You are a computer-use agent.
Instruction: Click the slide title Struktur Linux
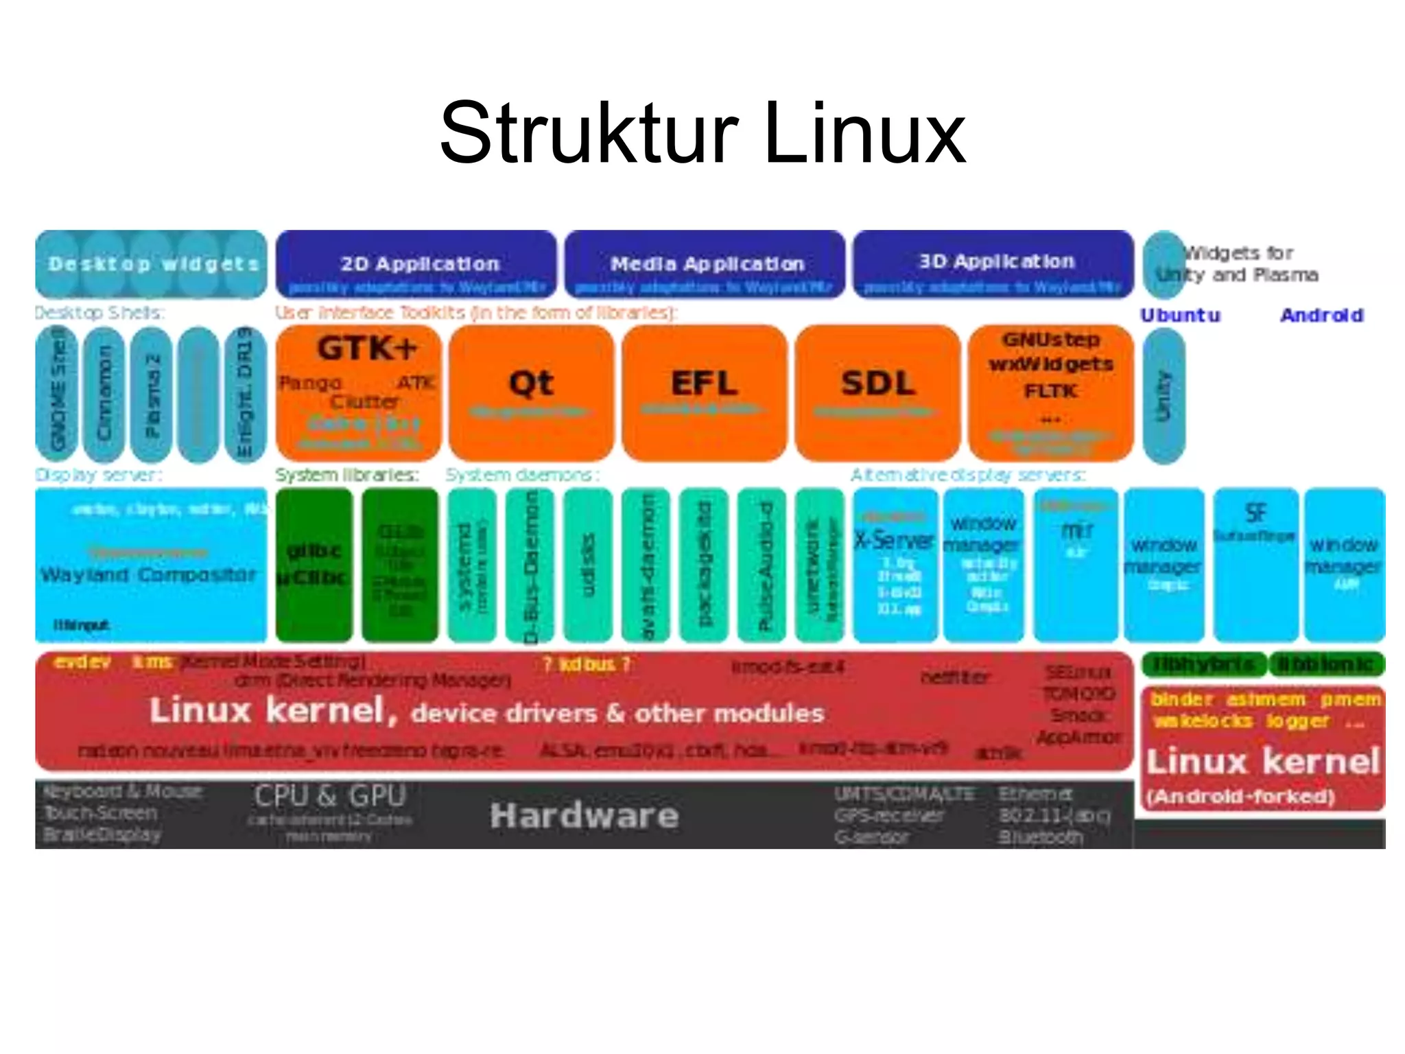702,133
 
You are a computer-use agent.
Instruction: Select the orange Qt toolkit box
531,393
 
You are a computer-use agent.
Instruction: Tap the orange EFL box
704,393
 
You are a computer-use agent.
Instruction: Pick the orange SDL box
877,393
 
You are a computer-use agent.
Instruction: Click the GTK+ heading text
366,348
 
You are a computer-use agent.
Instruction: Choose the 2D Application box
416,264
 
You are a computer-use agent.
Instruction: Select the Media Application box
705,264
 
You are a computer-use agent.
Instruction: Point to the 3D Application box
993,264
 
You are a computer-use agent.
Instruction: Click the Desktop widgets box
151,264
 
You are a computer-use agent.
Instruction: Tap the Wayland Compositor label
148,574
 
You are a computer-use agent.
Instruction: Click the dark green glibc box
314,564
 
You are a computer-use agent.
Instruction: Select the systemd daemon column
471,564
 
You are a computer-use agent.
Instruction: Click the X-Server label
894,541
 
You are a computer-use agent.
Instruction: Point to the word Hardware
585,816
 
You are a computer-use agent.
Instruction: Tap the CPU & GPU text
330,796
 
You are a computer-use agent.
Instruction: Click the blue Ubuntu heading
1180,316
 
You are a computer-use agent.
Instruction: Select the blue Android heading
1321,316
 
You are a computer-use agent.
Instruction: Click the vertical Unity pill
1164,395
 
